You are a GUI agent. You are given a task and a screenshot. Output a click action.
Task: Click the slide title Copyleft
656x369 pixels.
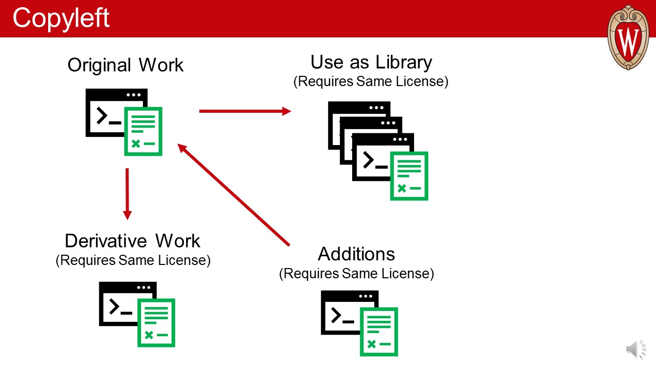pos(61,18)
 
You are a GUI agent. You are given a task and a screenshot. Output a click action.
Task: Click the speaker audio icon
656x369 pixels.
pos(636,350)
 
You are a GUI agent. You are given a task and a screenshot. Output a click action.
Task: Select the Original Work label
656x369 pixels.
pos(126,65)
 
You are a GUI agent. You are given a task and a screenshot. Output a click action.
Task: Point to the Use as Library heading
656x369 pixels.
pos(371,62)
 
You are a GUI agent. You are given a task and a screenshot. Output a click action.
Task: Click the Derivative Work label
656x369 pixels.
pos(133,240)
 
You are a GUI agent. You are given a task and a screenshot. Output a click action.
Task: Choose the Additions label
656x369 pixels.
pos(356,254)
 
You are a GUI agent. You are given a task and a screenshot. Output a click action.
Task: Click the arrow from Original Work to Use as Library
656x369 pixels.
pos(245,111)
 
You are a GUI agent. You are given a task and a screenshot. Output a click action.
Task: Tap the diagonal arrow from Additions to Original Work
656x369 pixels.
pos(234,195)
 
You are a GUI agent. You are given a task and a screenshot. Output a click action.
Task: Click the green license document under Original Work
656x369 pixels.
pos(143,132)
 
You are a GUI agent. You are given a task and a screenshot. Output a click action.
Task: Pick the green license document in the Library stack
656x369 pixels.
pos(409,176)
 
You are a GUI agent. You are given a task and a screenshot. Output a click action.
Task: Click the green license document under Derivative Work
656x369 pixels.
pos(156,322)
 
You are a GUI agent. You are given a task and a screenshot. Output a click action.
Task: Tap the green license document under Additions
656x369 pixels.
pos(379,331)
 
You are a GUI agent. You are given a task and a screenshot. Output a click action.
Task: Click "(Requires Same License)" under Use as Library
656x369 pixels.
pos(371,81)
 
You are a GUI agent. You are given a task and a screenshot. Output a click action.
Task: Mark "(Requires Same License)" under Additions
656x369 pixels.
pos(356,273)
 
